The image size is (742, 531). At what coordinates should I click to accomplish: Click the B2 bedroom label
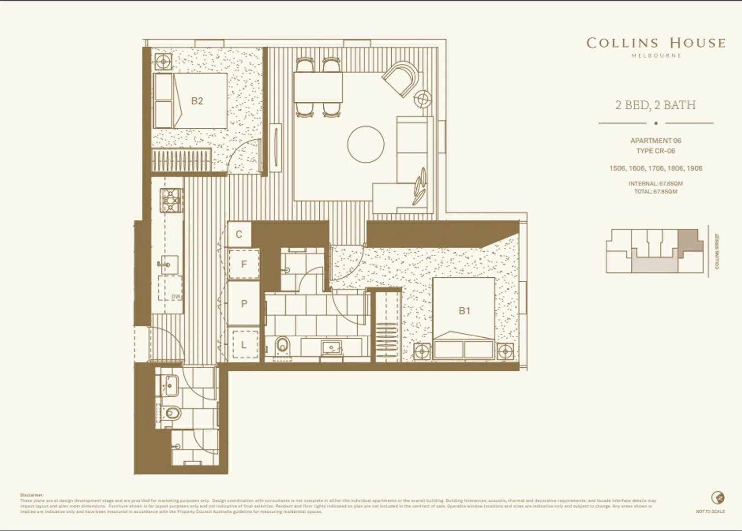click(197, 101)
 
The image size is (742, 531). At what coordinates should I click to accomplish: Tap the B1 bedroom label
click(464, 311)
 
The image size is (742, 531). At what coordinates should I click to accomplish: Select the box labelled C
click(239, 235)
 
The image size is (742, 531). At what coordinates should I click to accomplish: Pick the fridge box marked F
click(244, 264)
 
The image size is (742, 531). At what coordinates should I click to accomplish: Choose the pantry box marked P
click(244, 304)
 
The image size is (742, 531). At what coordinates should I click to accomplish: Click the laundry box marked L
click(244, 345)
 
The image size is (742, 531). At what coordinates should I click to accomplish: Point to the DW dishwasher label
click(176, 297)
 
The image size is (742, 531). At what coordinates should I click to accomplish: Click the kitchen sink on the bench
click(167, 265)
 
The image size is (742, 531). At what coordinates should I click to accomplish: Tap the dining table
click(318, 88)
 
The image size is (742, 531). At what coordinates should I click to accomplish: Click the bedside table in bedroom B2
click(162, 62)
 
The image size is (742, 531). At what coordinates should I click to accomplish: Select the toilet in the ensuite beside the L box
click(282, 346)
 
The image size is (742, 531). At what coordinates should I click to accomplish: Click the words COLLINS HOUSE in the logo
click(656, 43)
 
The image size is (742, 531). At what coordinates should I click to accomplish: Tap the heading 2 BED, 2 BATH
click(655, 105)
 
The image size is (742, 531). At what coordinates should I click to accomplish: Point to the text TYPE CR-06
click(655, 151)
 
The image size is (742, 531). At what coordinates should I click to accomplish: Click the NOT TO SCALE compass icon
click(718, 498)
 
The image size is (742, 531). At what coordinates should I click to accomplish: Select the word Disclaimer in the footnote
click(32, 495)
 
